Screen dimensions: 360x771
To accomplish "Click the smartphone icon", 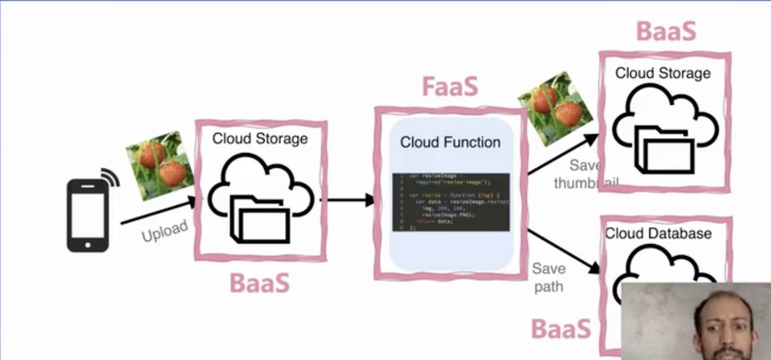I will click(88, 215).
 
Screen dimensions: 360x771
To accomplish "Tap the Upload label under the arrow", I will click(164, 231).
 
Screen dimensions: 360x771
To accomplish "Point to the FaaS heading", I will click(450, 87).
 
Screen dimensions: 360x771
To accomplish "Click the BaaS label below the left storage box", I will click(260, 283).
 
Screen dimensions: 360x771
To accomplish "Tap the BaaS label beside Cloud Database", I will click(561, 328).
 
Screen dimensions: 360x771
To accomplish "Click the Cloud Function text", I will click(450, 142).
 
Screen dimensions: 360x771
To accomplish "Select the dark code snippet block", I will click(451, 202).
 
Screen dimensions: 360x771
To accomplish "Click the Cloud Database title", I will click(658, 234).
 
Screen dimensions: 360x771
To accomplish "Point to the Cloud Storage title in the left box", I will click(260, 139).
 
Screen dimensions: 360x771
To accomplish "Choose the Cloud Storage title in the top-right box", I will click(663, 73).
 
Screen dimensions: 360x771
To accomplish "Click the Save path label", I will click(549, 277).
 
